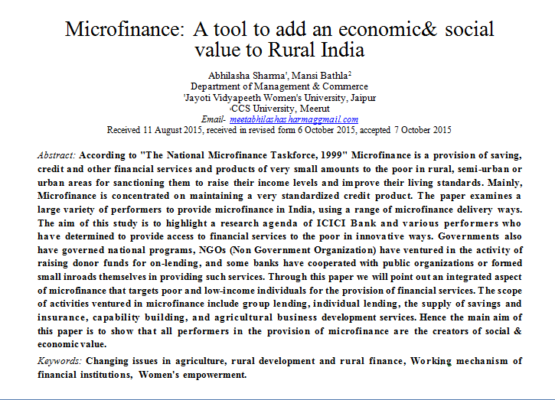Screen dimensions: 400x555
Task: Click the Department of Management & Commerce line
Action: tap(279, 86)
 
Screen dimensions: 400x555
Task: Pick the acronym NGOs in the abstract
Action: tap(211, 250)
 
